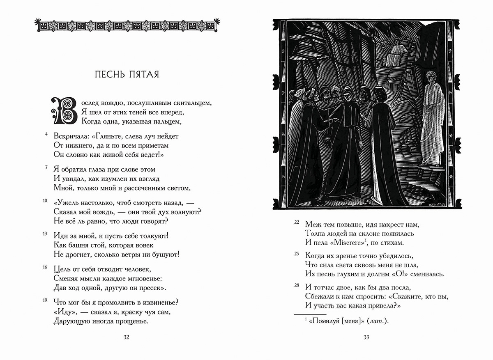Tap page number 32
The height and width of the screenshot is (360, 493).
[x=126, y=337]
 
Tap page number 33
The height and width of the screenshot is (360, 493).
[x=366, y=337]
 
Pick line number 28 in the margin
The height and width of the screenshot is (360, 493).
[x=297, y=285]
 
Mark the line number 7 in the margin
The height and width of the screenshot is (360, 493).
[x=47, y=167]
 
